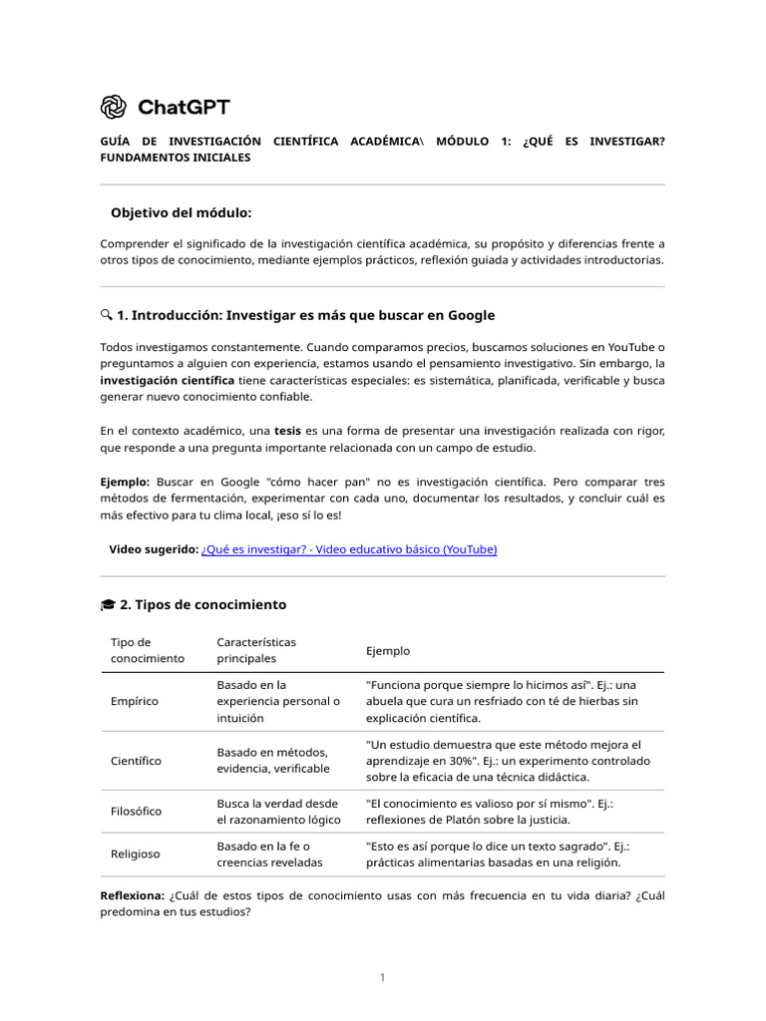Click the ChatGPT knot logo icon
click(x=114, y=107)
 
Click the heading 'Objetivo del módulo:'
click(x=181, y=213)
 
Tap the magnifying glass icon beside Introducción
click(x=106, y=315)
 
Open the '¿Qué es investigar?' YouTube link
click(x=348, y=549)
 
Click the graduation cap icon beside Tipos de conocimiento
click(x=107, y=604)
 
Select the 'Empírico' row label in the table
click(x=135, y=701)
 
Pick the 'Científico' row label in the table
click(x=136, y=761)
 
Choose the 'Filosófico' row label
click(x=136, y=812)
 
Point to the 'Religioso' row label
click(x=135, y=853)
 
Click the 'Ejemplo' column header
click(x=388, y=650)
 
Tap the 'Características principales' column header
click(x=256, y=650)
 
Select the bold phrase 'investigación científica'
click(x=168, y=381)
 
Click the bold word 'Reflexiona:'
click(x=133, y=896)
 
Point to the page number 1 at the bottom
click(x=382, y=977)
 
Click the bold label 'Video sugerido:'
click(x=153, y=549)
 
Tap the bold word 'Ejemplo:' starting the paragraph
click(x=125, y=481)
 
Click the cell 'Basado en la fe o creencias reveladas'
click(x=263, y=853)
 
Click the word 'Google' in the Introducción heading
click(x=470, y=315)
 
